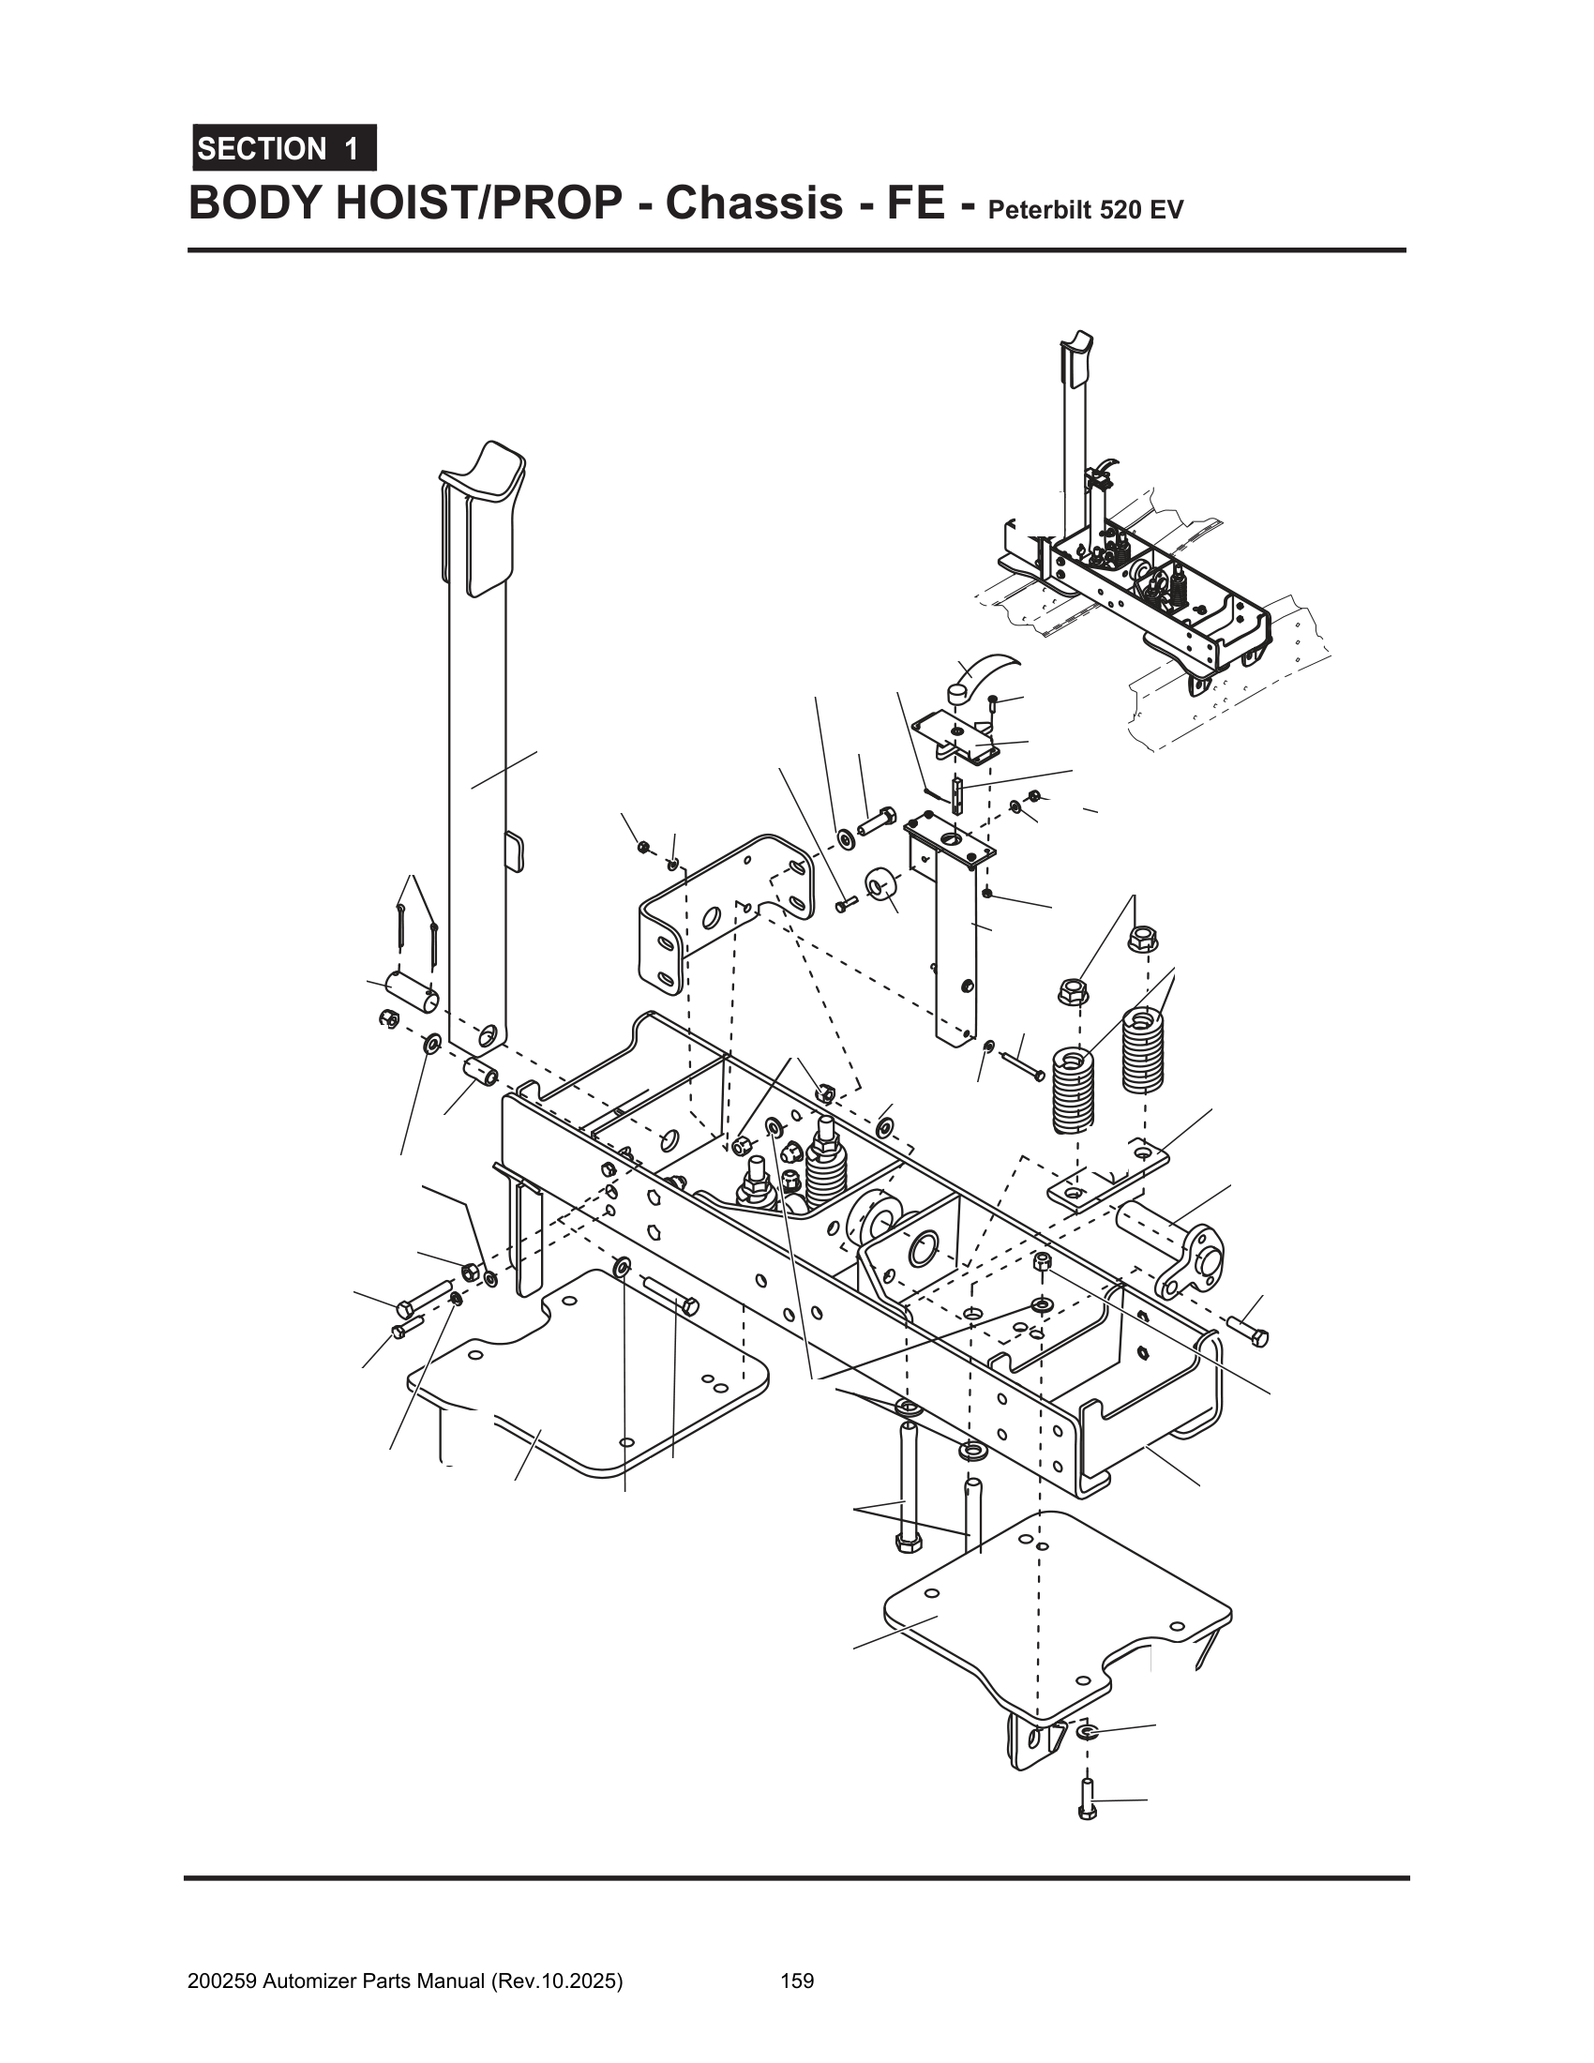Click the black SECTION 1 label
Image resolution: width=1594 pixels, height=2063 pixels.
click(x=283, y=148)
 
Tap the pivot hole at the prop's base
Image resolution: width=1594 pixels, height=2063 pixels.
click(x=487, y=1036)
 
